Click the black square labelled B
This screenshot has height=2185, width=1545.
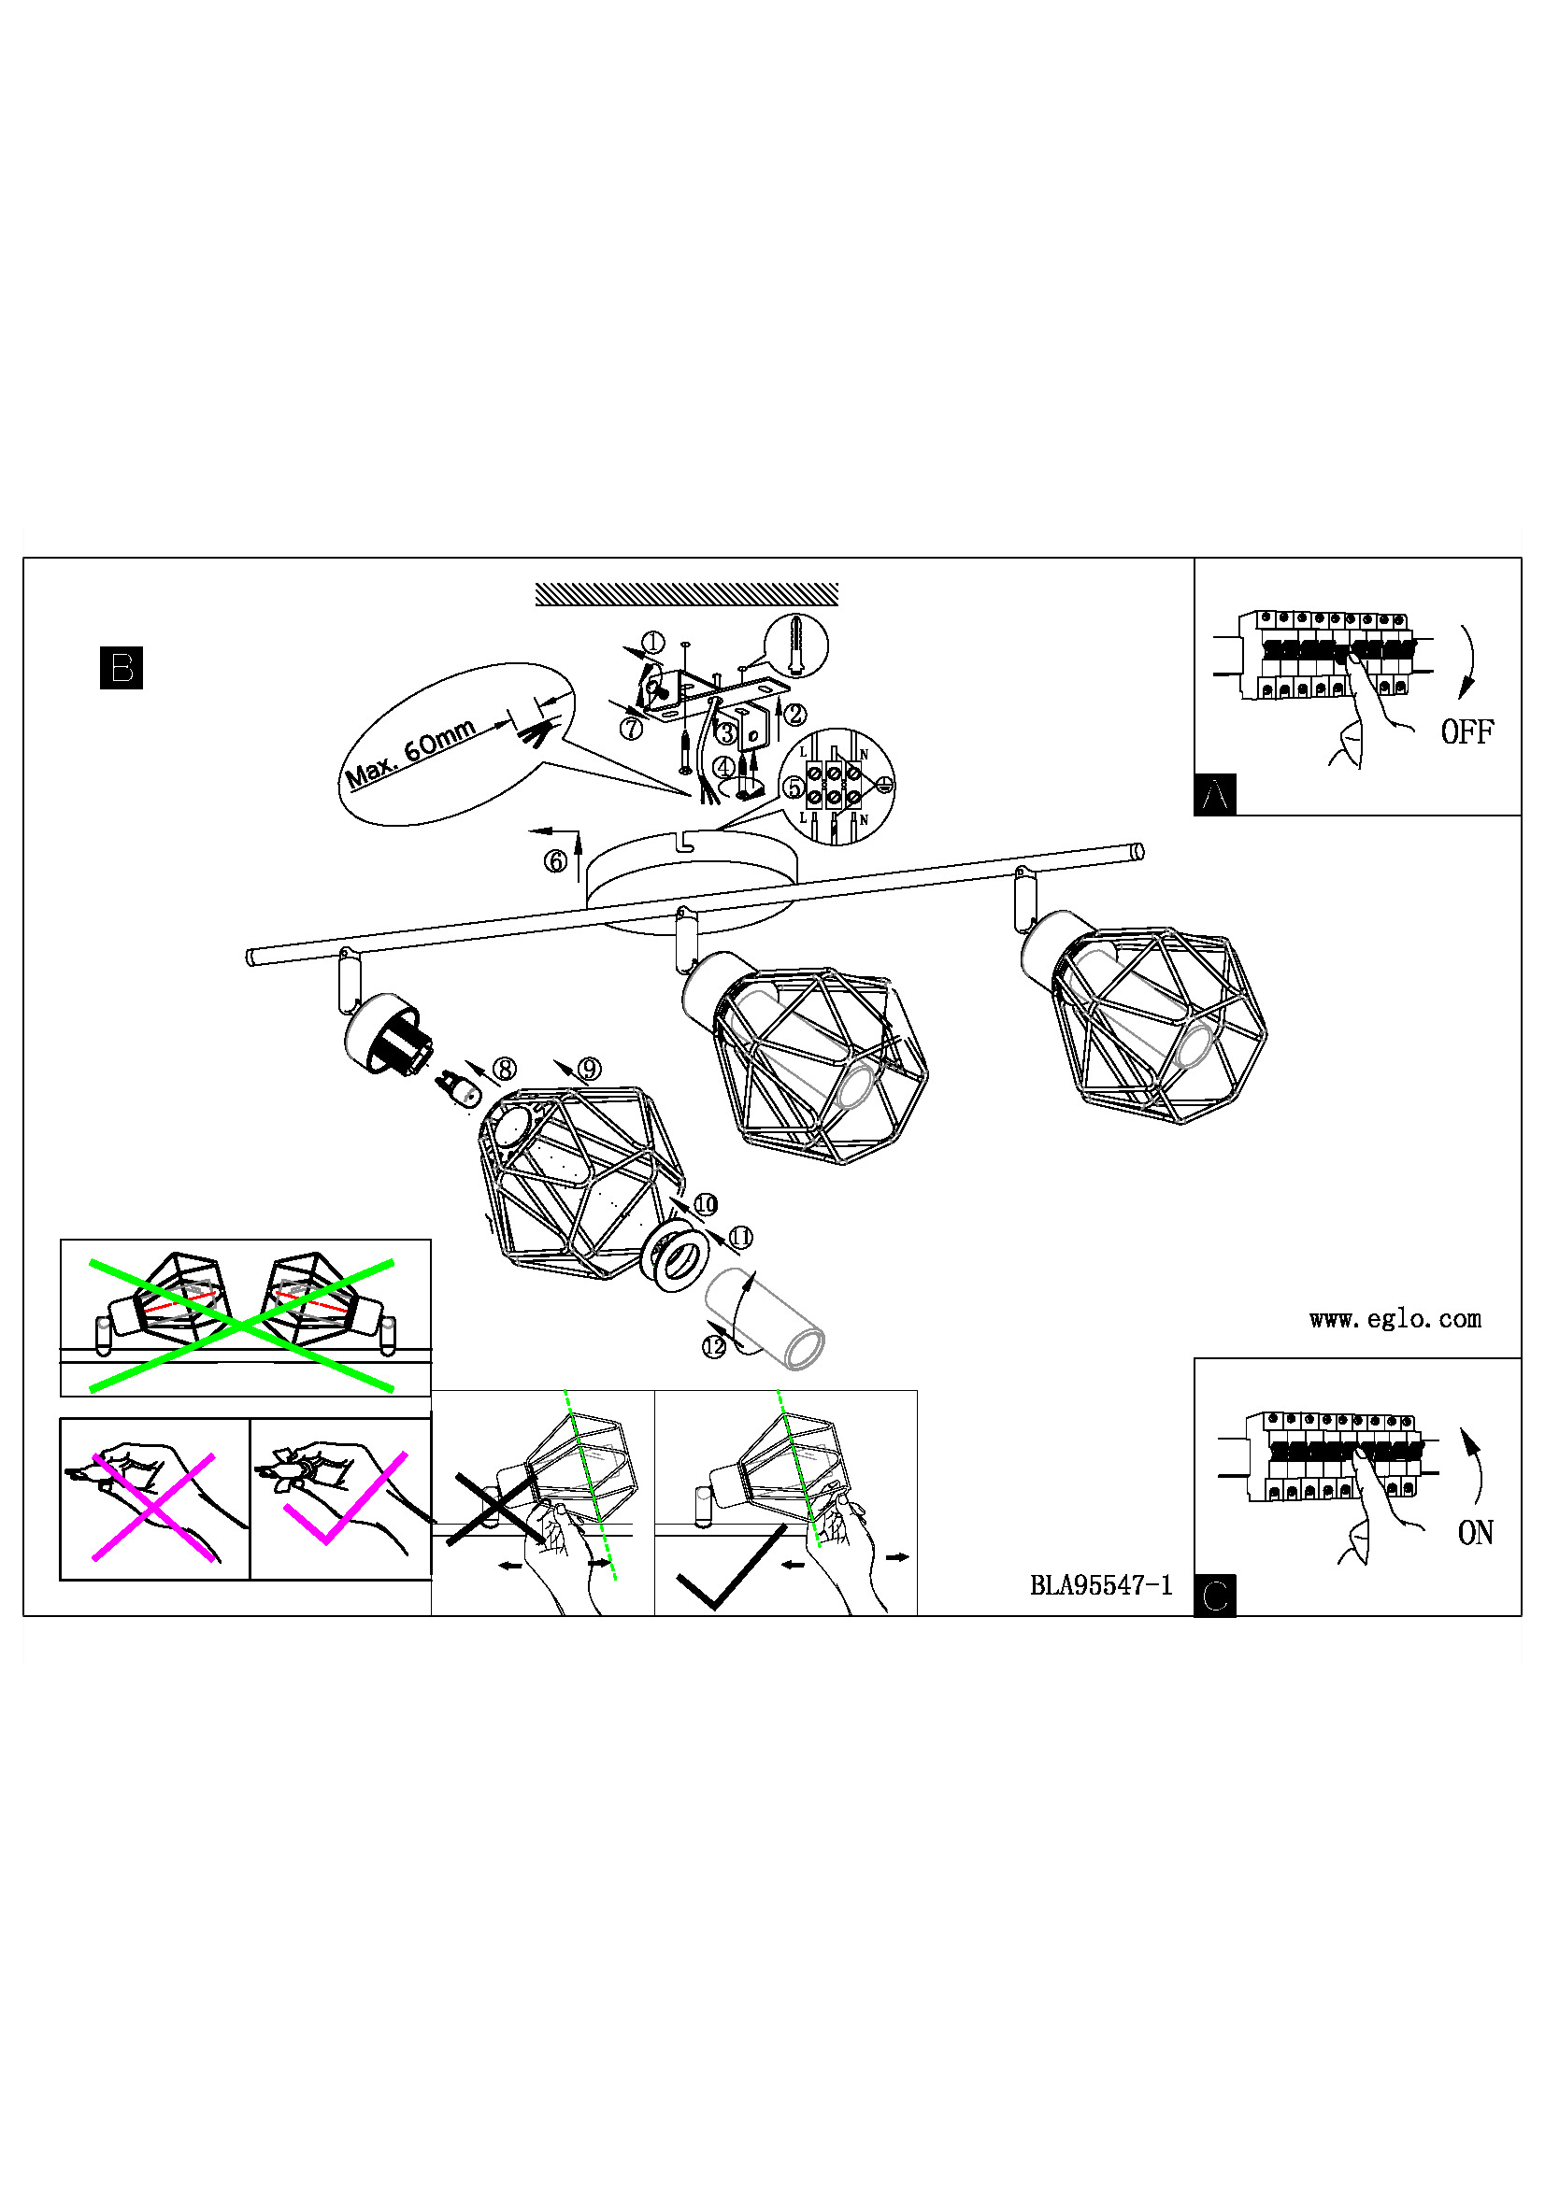[x=121, y=667]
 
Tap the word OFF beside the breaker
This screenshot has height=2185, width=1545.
[x=1466, y=731]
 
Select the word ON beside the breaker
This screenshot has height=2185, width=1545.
[x=1475, y=1532]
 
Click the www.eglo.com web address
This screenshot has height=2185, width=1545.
[x=1395, y=1319]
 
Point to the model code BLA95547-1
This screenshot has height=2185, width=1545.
[x=1100, y=1585]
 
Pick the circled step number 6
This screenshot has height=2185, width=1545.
[x=555, y=861]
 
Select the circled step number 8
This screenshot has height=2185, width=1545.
[x=505, y=1069]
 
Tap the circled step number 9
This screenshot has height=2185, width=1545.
[x=589, y=1069]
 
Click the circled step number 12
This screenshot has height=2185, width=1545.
[x=713, y=1347]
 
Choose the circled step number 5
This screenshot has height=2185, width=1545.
[x=793, y=788]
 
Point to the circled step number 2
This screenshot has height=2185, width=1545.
[x=794, y=714]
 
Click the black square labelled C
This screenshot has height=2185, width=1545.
[x=1215, y=1596]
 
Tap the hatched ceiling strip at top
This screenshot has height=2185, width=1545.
[x=686, y=595]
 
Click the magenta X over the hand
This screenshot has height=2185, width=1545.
[x=153, y=1507]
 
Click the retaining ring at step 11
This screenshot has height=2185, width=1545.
[x=676, y=1259]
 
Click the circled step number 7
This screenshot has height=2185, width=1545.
[x=631, y=729]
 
